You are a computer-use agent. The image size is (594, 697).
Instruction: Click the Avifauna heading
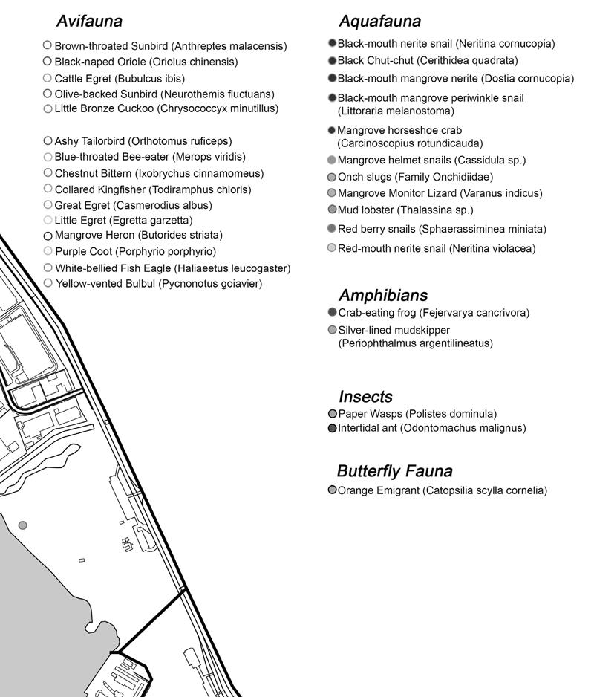pyautogui.click(x=89, y=21)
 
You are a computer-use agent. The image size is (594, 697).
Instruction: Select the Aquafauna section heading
pyautogui.click(x=379, y=21)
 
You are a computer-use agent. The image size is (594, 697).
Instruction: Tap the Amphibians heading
pyautogui.click(x=383, y=295)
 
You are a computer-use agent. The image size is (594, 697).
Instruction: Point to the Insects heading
pyautogui.click(x=365, y=396)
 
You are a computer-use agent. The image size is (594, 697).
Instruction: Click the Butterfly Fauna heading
pyautogui.click(x=394, y=471)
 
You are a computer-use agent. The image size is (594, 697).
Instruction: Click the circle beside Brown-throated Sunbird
pyautogui.click(x=48, y=45)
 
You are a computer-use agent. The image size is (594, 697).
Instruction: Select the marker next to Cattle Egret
pyautogui.click(x=48, y=78)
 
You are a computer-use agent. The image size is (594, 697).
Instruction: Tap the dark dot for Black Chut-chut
pyautogui.click(x=332, y=61)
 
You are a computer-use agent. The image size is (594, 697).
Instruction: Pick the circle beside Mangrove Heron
pyautogui.click(x=48, y=236)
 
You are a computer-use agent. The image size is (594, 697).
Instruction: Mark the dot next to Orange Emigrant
pyautogui.click(x=332, y=490)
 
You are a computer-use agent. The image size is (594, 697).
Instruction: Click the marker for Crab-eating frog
pyautogui.click(x=332, y=313)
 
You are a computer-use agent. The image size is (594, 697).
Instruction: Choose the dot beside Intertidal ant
pyautogui.click(x=332, y=428)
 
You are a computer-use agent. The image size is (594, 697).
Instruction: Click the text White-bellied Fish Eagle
pyautogui.click(x=172, y=268)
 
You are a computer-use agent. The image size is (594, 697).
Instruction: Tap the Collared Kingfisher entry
pyautogui.click(x=153, y=189)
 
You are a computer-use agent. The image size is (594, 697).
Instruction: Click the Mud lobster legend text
pyautogui.click(x=405, y=210)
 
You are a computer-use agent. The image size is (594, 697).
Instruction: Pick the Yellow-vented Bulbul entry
pyautogui.click(x=158, y=283)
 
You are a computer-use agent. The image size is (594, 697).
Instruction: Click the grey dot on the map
pyautogui.click(x=23, y=525)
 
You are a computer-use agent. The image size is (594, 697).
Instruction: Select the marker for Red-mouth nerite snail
pyautogui.click(x=332, y=248)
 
